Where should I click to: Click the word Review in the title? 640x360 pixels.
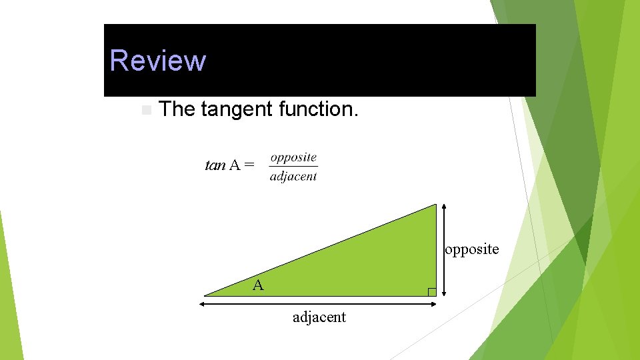[x=158, y=60]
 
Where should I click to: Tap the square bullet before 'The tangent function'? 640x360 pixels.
[x=146, y=109]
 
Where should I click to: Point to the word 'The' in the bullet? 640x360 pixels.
[x=177, y=109]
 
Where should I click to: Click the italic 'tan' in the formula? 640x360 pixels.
[x=215, y=165]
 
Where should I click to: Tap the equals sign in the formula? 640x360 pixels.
[x=249, y=165]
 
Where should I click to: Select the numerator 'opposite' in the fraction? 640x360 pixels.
[x=293, y=157]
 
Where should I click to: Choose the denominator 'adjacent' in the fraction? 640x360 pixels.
[x=293, y=177]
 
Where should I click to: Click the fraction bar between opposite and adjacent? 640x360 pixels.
[x=293, y=167]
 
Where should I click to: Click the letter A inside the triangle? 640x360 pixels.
[x=258, y=285]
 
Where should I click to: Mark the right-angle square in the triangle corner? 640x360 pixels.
[x=431, y=291]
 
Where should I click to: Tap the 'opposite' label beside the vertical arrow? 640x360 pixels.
[x=472, y=249]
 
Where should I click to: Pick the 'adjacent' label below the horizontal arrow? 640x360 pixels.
[x=319, y=317]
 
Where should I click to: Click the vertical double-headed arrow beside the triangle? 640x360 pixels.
[x=444, y=249]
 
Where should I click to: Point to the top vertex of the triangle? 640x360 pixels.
[x=435, y=205]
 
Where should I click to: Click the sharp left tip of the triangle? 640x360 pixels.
[x=205, y=295]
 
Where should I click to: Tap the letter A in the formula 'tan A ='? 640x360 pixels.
[x=235, y=165]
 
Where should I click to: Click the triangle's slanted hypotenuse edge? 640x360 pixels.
[x=320, y=249]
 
